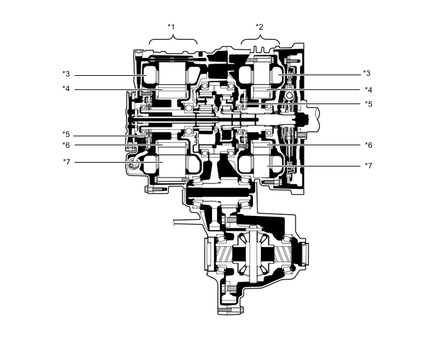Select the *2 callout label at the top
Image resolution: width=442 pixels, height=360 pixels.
[260, 26]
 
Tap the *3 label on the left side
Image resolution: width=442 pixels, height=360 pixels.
[66, 74]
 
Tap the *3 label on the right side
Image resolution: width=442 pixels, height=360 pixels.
[367, 74]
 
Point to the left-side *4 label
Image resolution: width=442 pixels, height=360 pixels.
[66, 89]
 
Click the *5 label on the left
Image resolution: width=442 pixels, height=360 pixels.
[66, 135]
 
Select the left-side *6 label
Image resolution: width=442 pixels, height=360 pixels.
[66, 145]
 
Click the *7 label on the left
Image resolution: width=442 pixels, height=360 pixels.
[66, 161]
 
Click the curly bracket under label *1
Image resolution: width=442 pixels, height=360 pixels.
[173, 40]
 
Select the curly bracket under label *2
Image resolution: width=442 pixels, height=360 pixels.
[260, 40]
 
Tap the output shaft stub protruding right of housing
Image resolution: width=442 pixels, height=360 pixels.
[317, 120]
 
